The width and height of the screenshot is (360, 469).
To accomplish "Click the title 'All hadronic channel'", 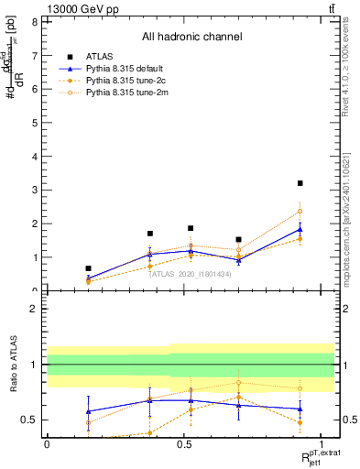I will [x=191, y=38].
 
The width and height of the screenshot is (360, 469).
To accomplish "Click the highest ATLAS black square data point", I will [x=300, y=183].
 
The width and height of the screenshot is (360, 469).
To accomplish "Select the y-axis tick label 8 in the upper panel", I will [x=34, y=21].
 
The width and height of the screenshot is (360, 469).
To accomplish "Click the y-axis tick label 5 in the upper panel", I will [x=34, y=123].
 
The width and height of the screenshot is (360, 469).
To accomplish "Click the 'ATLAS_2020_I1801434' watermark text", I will [x=191, y=274].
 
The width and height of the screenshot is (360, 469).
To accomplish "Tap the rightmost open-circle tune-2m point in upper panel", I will [x=300, y=212].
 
